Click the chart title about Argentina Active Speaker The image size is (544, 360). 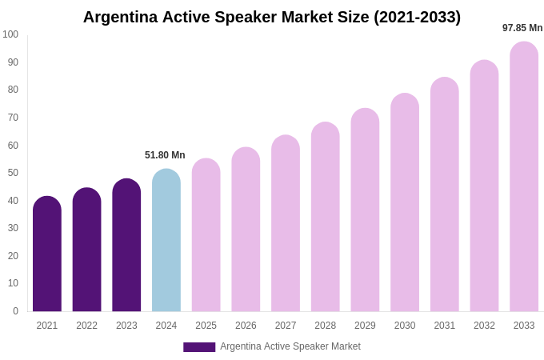272,17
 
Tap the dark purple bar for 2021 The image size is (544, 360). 47,254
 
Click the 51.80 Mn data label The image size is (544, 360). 165,155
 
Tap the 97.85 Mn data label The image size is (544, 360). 522,28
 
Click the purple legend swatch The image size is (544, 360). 199,347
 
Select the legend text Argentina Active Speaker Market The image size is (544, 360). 290,346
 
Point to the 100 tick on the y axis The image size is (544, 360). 10,34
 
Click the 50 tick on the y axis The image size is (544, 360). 13,173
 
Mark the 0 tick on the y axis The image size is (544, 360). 15,311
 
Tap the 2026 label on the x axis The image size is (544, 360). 246,326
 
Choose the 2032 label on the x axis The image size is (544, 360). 484,326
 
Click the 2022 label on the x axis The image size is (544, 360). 86,326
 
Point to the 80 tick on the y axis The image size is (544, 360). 13,90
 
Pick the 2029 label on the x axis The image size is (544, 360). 365,326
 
